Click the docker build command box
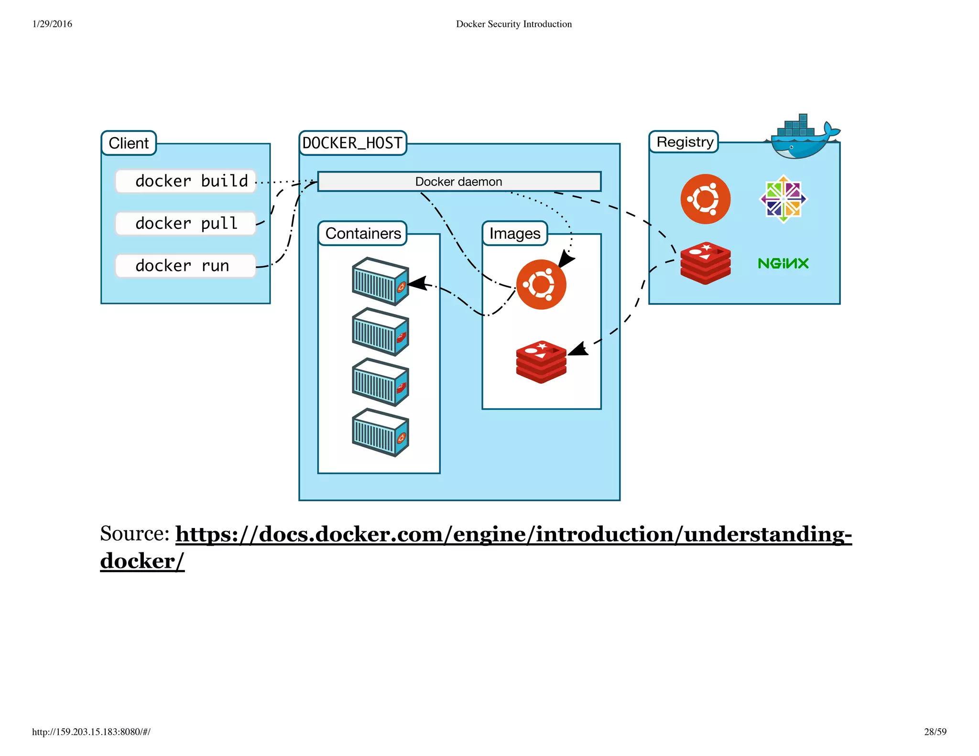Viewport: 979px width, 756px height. point(185,181)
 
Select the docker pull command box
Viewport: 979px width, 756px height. point(185,223)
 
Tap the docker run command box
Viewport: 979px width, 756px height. point(185,265)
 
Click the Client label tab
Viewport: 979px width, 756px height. point(129,143)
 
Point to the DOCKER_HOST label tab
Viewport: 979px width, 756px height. point(352,143)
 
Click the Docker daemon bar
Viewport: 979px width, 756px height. point(459,182)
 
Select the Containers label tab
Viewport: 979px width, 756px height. point(363,233)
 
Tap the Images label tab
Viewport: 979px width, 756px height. point(514,233)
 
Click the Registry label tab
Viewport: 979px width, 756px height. point(684,142)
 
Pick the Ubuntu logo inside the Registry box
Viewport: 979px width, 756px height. point(705,199)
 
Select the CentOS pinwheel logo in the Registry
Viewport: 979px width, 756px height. point(783,199)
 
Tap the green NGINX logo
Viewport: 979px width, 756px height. point(783,263)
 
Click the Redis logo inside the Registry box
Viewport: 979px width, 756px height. point(705,263)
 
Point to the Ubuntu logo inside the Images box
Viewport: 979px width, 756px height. point(541,284)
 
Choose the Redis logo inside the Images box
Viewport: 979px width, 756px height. point(541,362)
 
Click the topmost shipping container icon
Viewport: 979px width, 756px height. point(380,281)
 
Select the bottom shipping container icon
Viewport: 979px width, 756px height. point(380,432)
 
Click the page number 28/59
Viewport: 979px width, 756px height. point(935,732)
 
